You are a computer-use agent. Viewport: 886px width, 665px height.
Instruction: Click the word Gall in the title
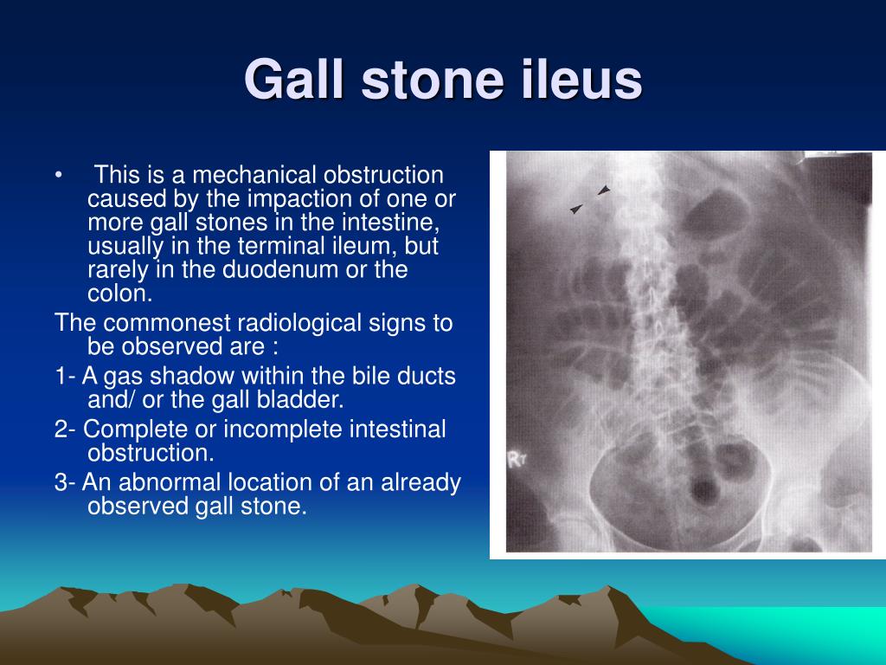click(294, 79)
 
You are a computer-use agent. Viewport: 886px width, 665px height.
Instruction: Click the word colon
click(119, 294)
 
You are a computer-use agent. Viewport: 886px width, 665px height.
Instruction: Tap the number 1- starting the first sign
click(66, 376)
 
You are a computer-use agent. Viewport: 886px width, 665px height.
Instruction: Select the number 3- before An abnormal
click(66, 482)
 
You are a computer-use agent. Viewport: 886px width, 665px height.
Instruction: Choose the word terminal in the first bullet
click(278, 246)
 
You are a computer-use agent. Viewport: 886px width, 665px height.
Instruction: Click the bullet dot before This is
click(58, 175)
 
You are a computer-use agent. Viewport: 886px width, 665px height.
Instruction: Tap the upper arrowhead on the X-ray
click(604, 190)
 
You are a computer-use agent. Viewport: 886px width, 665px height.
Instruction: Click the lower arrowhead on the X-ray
click(575, 209)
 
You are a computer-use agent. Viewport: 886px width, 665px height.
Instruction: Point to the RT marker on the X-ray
click(517, 460)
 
